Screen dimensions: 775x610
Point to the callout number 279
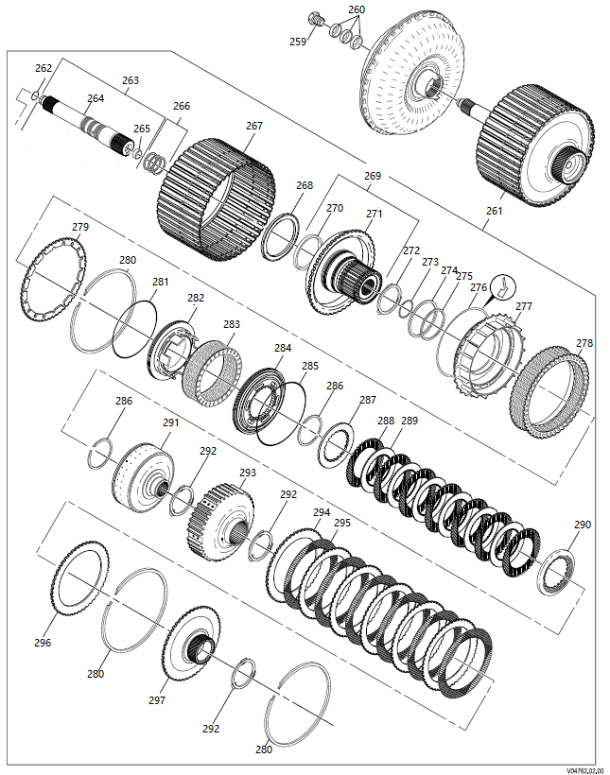click(80, 227)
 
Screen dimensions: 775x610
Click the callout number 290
click(582, 525)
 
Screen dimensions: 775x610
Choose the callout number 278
click(584, 344)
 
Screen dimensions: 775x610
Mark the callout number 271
click(375, 215)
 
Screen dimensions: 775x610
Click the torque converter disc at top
click(416, 76)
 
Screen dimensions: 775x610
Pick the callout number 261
click(494, 211)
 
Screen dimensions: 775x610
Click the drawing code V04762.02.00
click(584, 768)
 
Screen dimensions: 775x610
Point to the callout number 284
click(283, 348)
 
